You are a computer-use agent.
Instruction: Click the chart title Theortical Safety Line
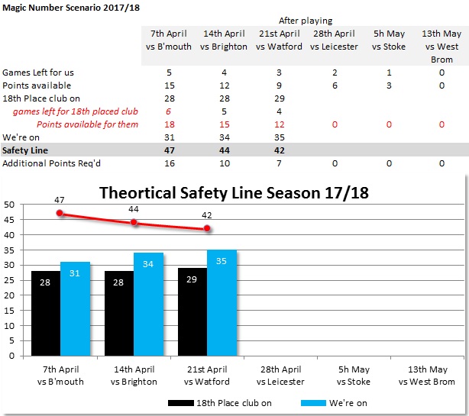pyautogui.click(x=234, y=192)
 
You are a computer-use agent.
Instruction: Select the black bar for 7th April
pyautogui.click(x=46, y=313)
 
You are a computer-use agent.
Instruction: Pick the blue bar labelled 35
pyautogui.click(x=222, y=302)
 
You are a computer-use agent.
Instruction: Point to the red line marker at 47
pyautogui.click(x=60, y=213)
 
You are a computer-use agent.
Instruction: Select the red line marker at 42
pyautogui.click(x=207, y=228)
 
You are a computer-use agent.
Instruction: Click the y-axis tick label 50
pyautogui.click(x=9, y=205)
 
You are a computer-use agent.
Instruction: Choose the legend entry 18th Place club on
pyautogui.click(x=208, y=402)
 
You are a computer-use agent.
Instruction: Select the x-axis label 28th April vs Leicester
pyautogui.click(x=280, y=376)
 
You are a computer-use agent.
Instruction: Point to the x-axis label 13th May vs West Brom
pyautogui.click(x=427, y=376)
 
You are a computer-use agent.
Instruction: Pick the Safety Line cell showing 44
pyautogui.click(x=225, y=150)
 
